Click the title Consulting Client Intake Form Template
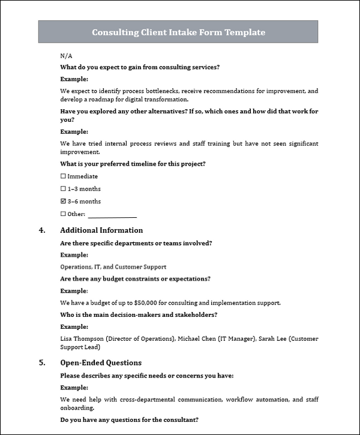[178, 32]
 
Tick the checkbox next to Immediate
[64, 176]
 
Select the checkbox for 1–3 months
[64, 189]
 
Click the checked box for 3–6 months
[64, 202]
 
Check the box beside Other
[64, 214]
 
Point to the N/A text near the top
[66, 55]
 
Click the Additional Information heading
[101, 230]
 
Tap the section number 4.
[41, 230]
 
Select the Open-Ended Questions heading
[101, 363]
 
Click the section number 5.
[41, 363]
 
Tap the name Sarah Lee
[270, 339]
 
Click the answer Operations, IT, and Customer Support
[113, 267]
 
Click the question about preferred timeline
[133, 164]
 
